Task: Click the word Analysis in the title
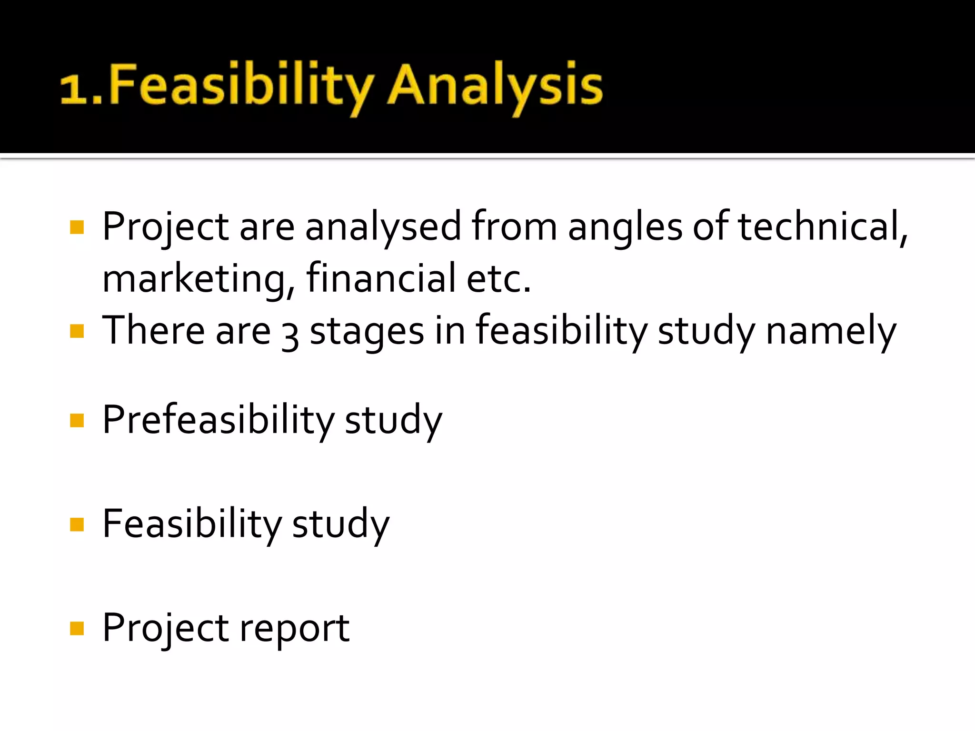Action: (495, 86)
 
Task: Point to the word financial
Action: (381, 278)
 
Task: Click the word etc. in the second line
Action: (498, 279)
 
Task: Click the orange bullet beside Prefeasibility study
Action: (77, 420)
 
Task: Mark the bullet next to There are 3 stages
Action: (77, 331)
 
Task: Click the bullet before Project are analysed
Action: (77, 227)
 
